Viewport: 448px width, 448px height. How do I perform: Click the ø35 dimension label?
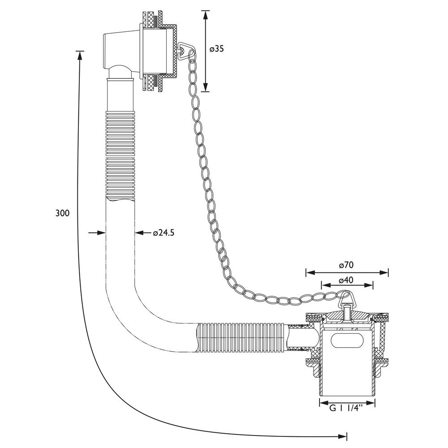[216, 49]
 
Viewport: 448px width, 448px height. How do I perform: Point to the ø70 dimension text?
[347, 265]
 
